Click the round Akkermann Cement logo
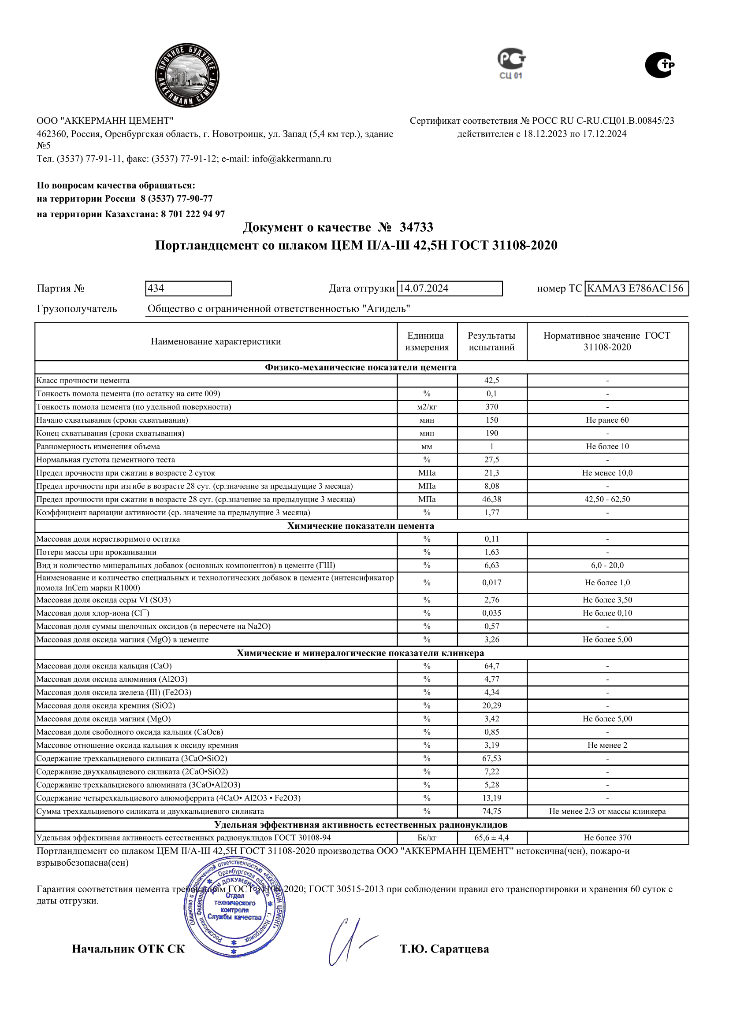tap(187, 75)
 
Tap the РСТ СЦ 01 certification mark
tap(511, 63)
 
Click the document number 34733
tap(416, 227)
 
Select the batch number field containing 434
tap(189, 288)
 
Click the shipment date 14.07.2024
tap(449, 288)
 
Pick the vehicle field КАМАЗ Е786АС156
tap(636, 288)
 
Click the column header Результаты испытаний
tap(491, 341)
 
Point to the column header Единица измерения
tap(427, 341)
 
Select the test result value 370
tap(491, 407)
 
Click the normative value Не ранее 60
tap(607, 420)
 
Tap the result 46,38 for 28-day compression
tap(491, 499)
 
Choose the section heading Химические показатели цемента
tap(361, 526)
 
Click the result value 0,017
tap(491, 583)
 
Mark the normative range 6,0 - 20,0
tap(607, 565)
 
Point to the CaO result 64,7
tap(491, 666)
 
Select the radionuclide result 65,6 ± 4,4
tap(491, 838)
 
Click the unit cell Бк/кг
tap(427, 838)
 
